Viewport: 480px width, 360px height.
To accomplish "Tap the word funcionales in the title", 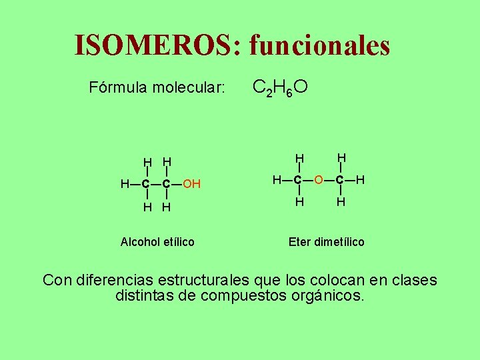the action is click(319, 45).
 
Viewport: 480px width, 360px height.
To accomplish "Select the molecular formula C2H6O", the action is click(280, 87).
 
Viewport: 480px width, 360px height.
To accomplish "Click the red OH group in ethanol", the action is click(192, 184).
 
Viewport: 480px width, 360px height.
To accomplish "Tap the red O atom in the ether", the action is click(319, 180).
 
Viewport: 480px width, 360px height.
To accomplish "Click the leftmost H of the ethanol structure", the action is click(125, 184).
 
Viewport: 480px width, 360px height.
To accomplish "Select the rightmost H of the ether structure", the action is click(361, 180).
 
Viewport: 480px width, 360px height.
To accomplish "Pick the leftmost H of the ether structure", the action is click(277, 180).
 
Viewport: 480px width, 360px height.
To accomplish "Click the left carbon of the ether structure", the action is click(299, 180).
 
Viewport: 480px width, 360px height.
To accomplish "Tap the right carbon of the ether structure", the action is click(340, 180).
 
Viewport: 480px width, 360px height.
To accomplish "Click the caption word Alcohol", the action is click(139, 242).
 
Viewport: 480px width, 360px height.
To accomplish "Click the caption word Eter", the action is click(299, 242).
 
